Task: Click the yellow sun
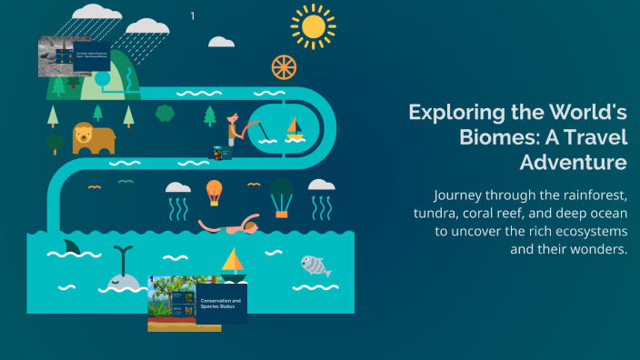click(x=314, y=26)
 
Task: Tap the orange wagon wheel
click(x=284, y=66)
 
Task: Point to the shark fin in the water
click(x=71, y=246)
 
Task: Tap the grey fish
click(x=314, y=265)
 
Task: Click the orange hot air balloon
click(x=214, y=192)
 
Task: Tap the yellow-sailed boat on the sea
click(x=234, y=262)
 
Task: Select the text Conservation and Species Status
click(x=221, y=304)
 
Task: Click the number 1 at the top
click(x=192, y=15)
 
